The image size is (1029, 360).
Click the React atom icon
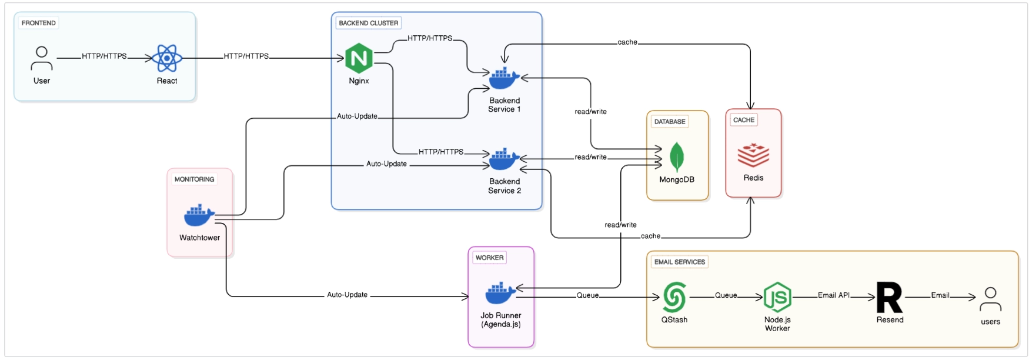click(167, 58)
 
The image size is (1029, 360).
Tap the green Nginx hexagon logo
click(359, 58)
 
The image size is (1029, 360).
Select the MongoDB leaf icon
click(677, 157)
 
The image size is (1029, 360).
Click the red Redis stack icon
click(753, 155)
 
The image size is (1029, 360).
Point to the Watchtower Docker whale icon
click(199, 216)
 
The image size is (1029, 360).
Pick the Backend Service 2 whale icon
click(505, 159)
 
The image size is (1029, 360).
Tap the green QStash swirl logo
click(674, 296)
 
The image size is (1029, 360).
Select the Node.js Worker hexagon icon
click(777, 296)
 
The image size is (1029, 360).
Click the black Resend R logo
click(890, 297)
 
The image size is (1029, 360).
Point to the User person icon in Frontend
click(42, 58)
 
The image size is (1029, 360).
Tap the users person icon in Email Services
click(990, 299)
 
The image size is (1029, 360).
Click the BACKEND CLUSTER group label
click(369, 23)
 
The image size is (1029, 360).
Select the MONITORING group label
click(194, 179)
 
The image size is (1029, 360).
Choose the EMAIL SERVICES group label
click(680, 262)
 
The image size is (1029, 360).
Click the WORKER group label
click(489, 258)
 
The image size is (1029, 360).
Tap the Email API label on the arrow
click(834, 295)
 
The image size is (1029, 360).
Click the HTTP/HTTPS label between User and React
click(104, 56)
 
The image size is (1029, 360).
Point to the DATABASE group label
click(670, 121)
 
